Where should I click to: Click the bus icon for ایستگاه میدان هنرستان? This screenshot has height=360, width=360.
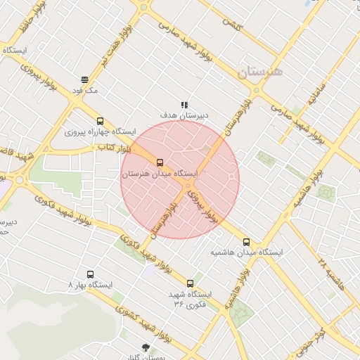pos(160,162)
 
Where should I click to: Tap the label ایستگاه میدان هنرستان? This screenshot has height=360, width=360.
pos(160,173)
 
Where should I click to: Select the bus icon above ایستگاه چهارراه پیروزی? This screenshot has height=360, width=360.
pos(100,121)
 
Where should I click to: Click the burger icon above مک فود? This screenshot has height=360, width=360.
pos(85,79)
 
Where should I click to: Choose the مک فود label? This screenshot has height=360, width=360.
pos(89,91)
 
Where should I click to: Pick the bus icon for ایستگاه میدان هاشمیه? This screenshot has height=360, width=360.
pos(245,242)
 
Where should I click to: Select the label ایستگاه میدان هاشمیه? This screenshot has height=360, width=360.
pos(246,252)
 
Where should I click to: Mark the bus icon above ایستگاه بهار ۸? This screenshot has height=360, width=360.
pos(90,274)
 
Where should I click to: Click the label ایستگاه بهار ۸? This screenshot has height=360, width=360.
pos(90,285)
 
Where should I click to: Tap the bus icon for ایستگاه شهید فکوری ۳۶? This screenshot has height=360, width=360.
pos(190,283)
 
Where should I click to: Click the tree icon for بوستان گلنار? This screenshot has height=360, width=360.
pos(146,347)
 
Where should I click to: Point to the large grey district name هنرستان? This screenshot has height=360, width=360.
pos(259,72)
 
